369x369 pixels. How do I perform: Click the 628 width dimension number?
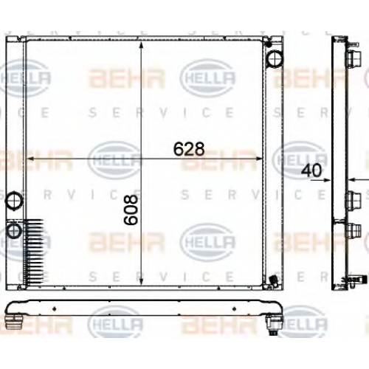189,149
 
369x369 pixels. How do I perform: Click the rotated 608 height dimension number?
131,210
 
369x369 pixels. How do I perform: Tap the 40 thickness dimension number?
311,170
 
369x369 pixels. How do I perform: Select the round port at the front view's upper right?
275,58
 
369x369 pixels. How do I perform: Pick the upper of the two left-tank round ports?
14,200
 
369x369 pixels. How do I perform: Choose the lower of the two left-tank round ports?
14,230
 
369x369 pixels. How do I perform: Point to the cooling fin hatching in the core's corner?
34,252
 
